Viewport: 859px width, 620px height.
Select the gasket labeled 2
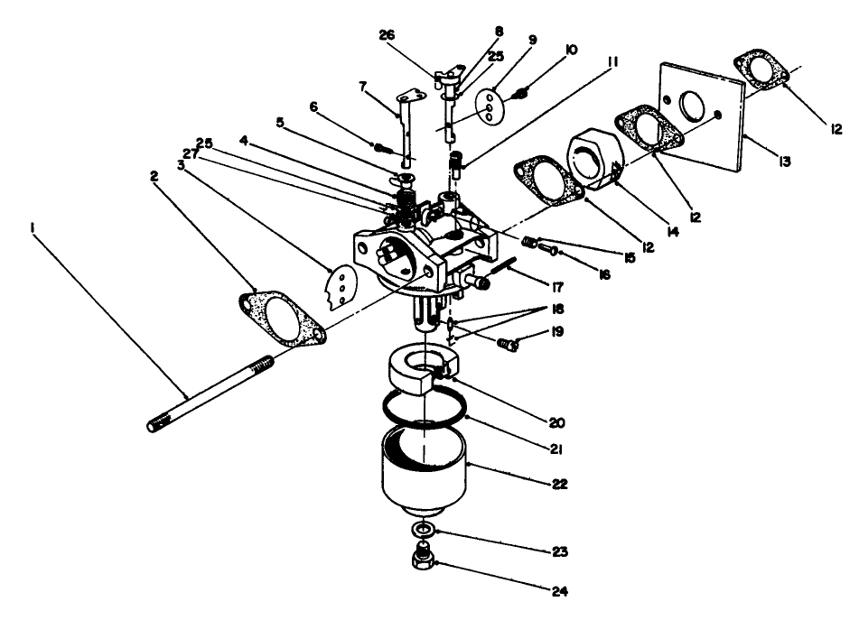(x=282, y=319)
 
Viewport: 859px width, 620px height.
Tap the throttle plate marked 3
(x=337, y=287)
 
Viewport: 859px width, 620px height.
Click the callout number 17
(x=556, y=288)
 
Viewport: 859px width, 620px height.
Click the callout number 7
(x=363, y=88)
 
